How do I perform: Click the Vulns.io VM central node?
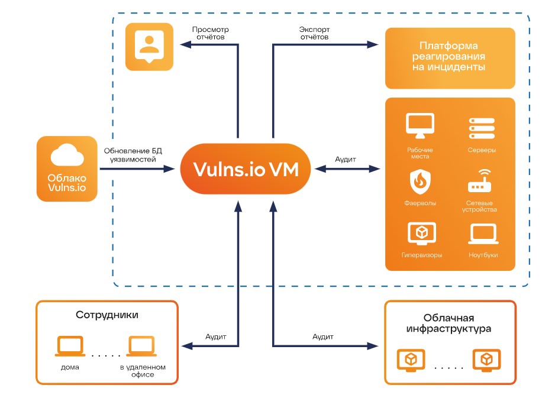coord(246,170)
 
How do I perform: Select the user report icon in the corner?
coord(149,44)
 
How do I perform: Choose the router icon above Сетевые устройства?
coord(480,182)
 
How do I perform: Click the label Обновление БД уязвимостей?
coord(133,155)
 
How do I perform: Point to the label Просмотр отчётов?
coord(211,33)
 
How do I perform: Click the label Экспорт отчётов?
coord(314,33)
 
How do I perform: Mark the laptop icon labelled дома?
coord(70,347)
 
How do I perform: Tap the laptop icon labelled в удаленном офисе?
coord(142,347)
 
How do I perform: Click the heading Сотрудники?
coord(107,315)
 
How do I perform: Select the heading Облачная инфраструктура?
coord(449,323)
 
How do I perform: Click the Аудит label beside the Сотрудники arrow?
coord(215,336)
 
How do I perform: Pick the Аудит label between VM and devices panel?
coord(346,160)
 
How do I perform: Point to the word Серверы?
coord(481,150)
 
